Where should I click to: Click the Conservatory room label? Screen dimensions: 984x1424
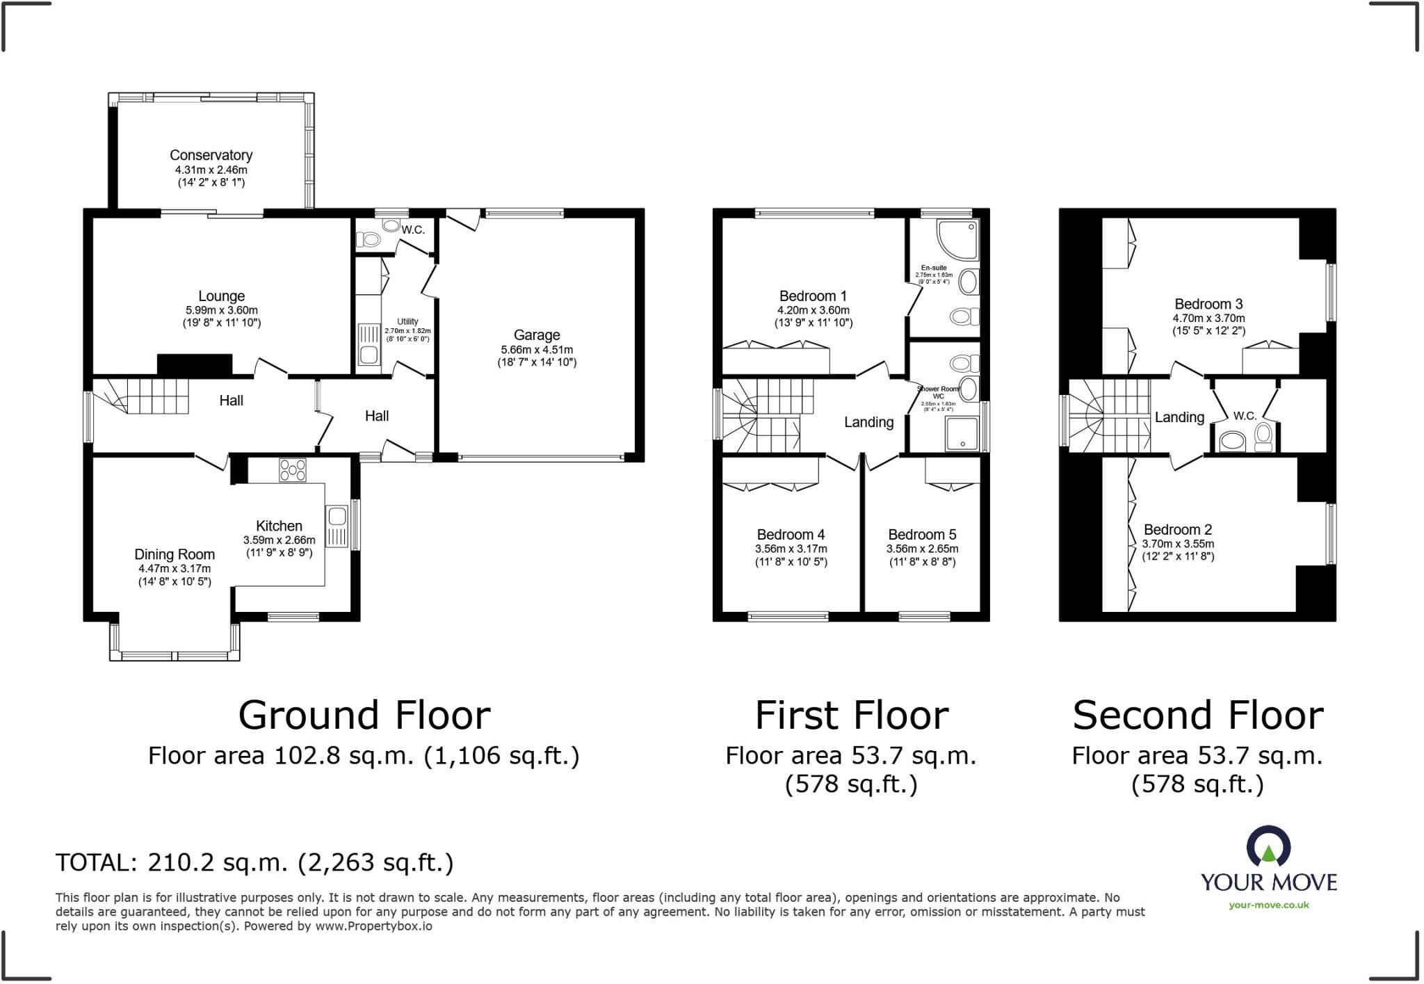(211, 155)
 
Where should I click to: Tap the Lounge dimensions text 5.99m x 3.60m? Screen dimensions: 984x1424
(221, 310)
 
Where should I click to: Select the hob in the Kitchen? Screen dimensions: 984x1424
(292, 470)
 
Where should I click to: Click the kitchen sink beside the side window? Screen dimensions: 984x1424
(337, 517)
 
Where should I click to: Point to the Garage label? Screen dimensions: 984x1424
(536, 334)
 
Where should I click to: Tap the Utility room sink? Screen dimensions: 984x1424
(368, 355)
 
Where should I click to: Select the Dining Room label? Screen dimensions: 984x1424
(175, 554)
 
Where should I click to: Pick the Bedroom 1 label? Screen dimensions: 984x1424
(813, 296)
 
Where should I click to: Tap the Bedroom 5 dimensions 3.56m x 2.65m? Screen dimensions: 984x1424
(922, 549)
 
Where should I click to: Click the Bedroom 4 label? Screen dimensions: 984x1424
(791, 534)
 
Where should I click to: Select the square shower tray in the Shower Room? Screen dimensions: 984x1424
(962, 434)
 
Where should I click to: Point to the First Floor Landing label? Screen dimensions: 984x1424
(868, 422)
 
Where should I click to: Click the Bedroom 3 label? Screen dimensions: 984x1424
(1208, 304)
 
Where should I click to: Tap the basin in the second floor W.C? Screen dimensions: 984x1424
(1233, 440)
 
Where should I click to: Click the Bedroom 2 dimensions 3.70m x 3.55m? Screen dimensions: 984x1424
(1178, 544)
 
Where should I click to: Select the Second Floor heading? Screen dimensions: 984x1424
(1197, 716)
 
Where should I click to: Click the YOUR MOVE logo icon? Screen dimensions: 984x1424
(1269, 847)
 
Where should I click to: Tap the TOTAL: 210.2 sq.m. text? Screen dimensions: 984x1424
(254, 862)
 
